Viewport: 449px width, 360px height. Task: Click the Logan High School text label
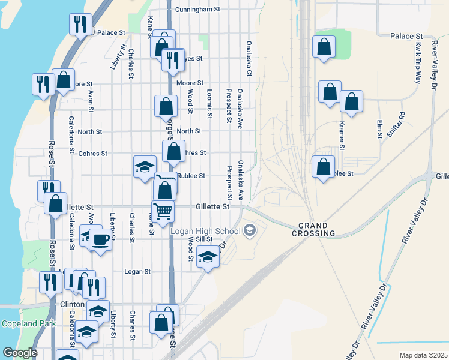click(x=205, y=231)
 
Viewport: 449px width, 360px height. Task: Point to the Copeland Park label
click(x=28, y=324)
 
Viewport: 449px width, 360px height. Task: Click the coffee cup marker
click(x=101, y=240)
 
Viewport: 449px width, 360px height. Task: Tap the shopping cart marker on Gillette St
click(x=163, y=212)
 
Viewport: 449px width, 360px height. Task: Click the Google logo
click(x=20, y=353)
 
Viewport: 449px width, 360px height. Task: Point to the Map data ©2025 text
click(x=423, y=355)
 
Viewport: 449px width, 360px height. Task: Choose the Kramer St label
click(x=341, y=135)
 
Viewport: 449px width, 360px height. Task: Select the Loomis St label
click(x=209, y=103)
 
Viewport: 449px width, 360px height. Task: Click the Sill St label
click(x=205, y=239)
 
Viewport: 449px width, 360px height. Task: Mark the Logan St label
click(x=137, y=272)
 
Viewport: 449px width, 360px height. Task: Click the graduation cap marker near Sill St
click(x=208, y=258)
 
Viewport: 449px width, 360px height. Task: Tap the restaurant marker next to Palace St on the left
click(x=80, y=25)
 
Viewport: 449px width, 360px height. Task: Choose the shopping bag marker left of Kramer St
click(x=330, y=92)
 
